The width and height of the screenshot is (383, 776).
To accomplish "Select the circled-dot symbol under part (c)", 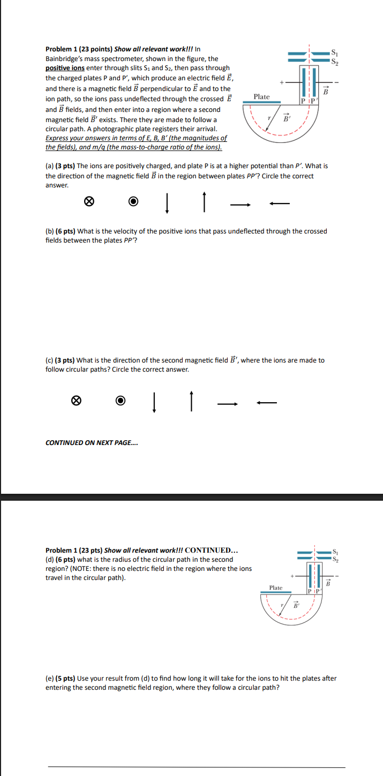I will (121, 401).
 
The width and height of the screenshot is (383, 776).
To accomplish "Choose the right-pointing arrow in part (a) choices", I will (241, 204).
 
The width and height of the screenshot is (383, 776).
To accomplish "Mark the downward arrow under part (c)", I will (154, 401).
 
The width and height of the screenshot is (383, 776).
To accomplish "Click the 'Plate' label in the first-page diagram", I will (261, 97).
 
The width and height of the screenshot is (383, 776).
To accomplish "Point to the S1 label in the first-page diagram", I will (335, 52).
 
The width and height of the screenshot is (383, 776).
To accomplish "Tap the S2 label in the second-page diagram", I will (335, 559).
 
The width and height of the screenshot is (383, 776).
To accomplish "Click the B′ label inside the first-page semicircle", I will (286, 117).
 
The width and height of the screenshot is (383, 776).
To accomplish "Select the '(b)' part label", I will (50, 231).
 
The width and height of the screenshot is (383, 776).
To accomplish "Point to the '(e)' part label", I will (50, 679).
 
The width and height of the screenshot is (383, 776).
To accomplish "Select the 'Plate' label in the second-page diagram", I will (275, 587).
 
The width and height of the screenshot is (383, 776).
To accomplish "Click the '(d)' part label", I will (50, 560).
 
